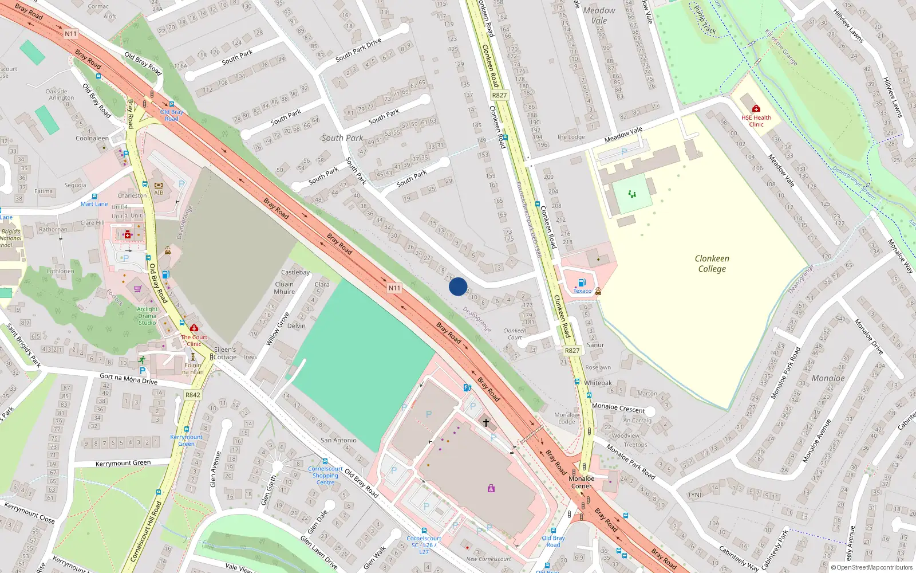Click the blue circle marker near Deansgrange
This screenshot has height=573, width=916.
[x=458, y=286]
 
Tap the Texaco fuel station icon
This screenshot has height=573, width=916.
[x=582, y=282]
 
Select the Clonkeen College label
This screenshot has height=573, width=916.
[x=712, y=264]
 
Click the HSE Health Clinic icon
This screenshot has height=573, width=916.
[x=756, y=108]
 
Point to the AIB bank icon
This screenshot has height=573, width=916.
[x=159, y=186]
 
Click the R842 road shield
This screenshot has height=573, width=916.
[x=193, y=395]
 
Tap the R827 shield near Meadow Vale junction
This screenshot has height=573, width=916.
[x=499, y=95]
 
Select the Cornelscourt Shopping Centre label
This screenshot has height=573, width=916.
[x=325, y=476]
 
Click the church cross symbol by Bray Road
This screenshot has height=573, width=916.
[x=486, y=423]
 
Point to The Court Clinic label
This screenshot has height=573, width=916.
[x=194, y=340]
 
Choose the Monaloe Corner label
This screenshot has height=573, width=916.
[x=582, y=482]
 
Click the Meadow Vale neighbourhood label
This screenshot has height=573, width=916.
[x=599, y=15]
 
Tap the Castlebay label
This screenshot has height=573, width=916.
[x=295, y=272]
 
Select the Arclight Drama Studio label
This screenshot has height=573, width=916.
[x=147, y=316]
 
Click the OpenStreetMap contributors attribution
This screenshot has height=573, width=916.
[x=872, y=567]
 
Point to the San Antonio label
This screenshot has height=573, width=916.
[x=338, y=440]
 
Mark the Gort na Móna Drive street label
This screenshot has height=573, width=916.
[x=128, y=379]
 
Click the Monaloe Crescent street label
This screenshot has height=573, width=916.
[x=618, y=408]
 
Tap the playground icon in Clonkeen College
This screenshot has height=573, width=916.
[x=632, y=194]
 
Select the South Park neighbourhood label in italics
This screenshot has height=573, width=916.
[x=342, y=138]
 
